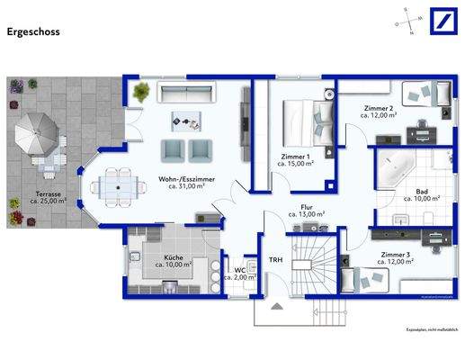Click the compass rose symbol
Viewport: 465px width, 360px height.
pyautogui.click(x=407, y=24)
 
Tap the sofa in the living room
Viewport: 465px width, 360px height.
pyautogui.click(x=184, y=93)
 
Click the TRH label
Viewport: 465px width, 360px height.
pyautogui.click(x=275, y=260)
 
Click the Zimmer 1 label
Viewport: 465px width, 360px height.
pyautogui.click(x=295, y=160)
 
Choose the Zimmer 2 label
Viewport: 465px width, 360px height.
pyautogui.click(x=380, y=111)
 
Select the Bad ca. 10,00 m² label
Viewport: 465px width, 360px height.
pyautogui.click(x=421, y=194)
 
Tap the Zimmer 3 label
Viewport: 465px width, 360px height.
pyautogui.click(x=396, y=258)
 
